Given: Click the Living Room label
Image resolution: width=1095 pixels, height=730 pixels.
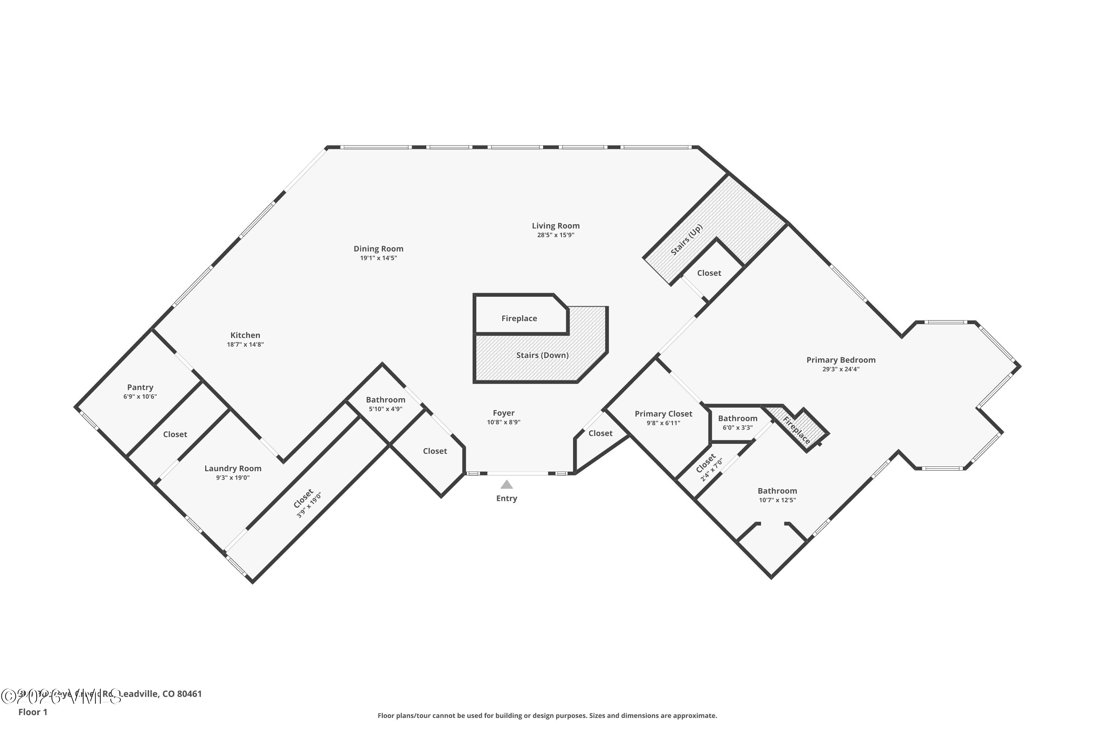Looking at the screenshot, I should [x=556, y=226].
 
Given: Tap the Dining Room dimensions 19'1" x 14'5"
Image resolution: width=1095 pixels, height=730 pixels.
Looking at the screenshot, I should [x=378, y=258].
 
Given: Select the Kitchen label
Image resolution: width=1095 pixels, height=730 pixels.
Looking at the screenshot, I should [x=245, y=335].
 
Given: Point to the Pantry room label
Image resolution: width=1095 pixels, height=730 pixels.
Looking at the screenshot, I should [x=140, y=387].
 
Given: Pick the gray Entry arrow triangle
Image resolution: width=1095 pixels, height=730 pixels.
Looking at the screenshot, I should [x=507, y=485].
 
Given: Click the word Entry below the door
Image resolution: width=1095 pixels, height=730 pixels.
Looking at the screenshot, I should [x=507, y=498].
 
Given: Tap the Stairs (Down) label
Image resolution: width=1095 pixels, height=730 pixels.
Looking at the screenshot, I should [x=542, y=355].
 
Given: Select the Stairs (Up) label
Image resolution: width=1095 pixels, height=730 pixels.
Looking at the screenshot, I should [x=686, y=240].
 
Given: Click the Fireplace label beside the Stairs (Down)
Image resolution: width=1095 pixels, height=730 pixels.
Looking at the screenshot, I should [x=519, y=318].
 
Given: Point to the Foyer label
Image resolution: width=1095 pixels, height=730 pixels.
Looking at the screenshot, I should [x=503, y=413].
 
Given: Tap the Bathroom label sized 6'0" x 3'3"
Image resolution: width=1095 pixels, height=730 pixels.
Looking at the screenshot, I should [x=737, y=419].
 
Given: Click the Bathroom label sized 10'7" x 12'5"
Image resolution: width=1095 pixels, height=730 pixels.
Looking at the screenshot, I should [x=777, y=491].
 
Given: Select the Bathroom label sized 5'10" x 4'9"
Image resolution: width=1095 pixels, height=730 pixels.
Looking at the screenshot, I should [x=385, y=400].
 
